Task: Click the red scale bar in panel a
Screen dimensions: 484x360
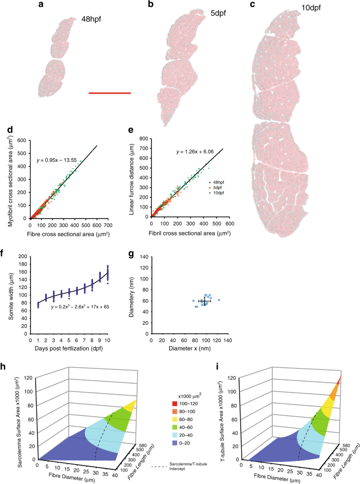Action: (x=109, y=93)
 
